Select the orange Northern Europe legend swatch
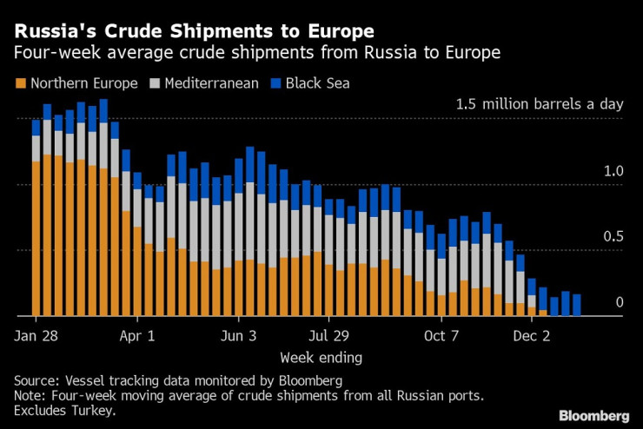[20, 84]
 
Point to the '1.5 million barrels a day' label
[540, 104]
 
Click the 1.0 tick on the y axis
[613, 171]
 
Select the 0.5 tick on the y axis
[613, 237]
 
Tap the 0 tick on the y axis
[620, 302]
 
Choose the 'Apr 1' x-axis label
[136, 335]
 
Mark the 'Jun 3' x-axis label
[239, 335]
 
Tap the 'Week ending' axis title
[321, 357]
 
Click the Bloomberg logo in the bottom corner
[594, 415]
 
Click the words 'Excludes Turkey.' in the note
[66, 410]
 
